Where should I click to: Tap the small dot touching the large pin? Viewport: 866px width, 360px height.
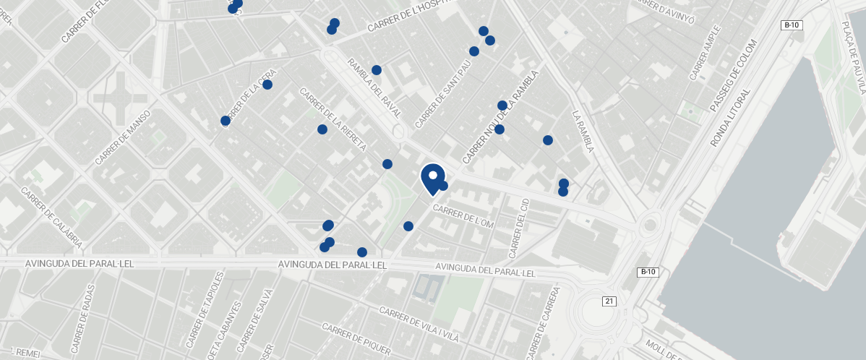coord(443,186)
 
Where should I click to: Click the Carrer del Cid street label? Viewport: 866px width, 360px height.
coord(519,228)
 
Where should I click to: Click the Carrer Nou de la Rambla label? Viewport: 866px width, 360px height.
coord(501,116)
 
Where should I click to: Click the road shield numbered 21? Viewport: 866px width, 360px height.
coord(609,301)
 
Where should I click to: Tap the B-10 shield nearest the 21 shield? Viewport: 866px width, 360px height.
coord(648,273)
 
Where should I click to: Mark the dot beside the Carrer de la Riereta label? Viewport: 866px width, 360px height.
coord(322,129)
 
